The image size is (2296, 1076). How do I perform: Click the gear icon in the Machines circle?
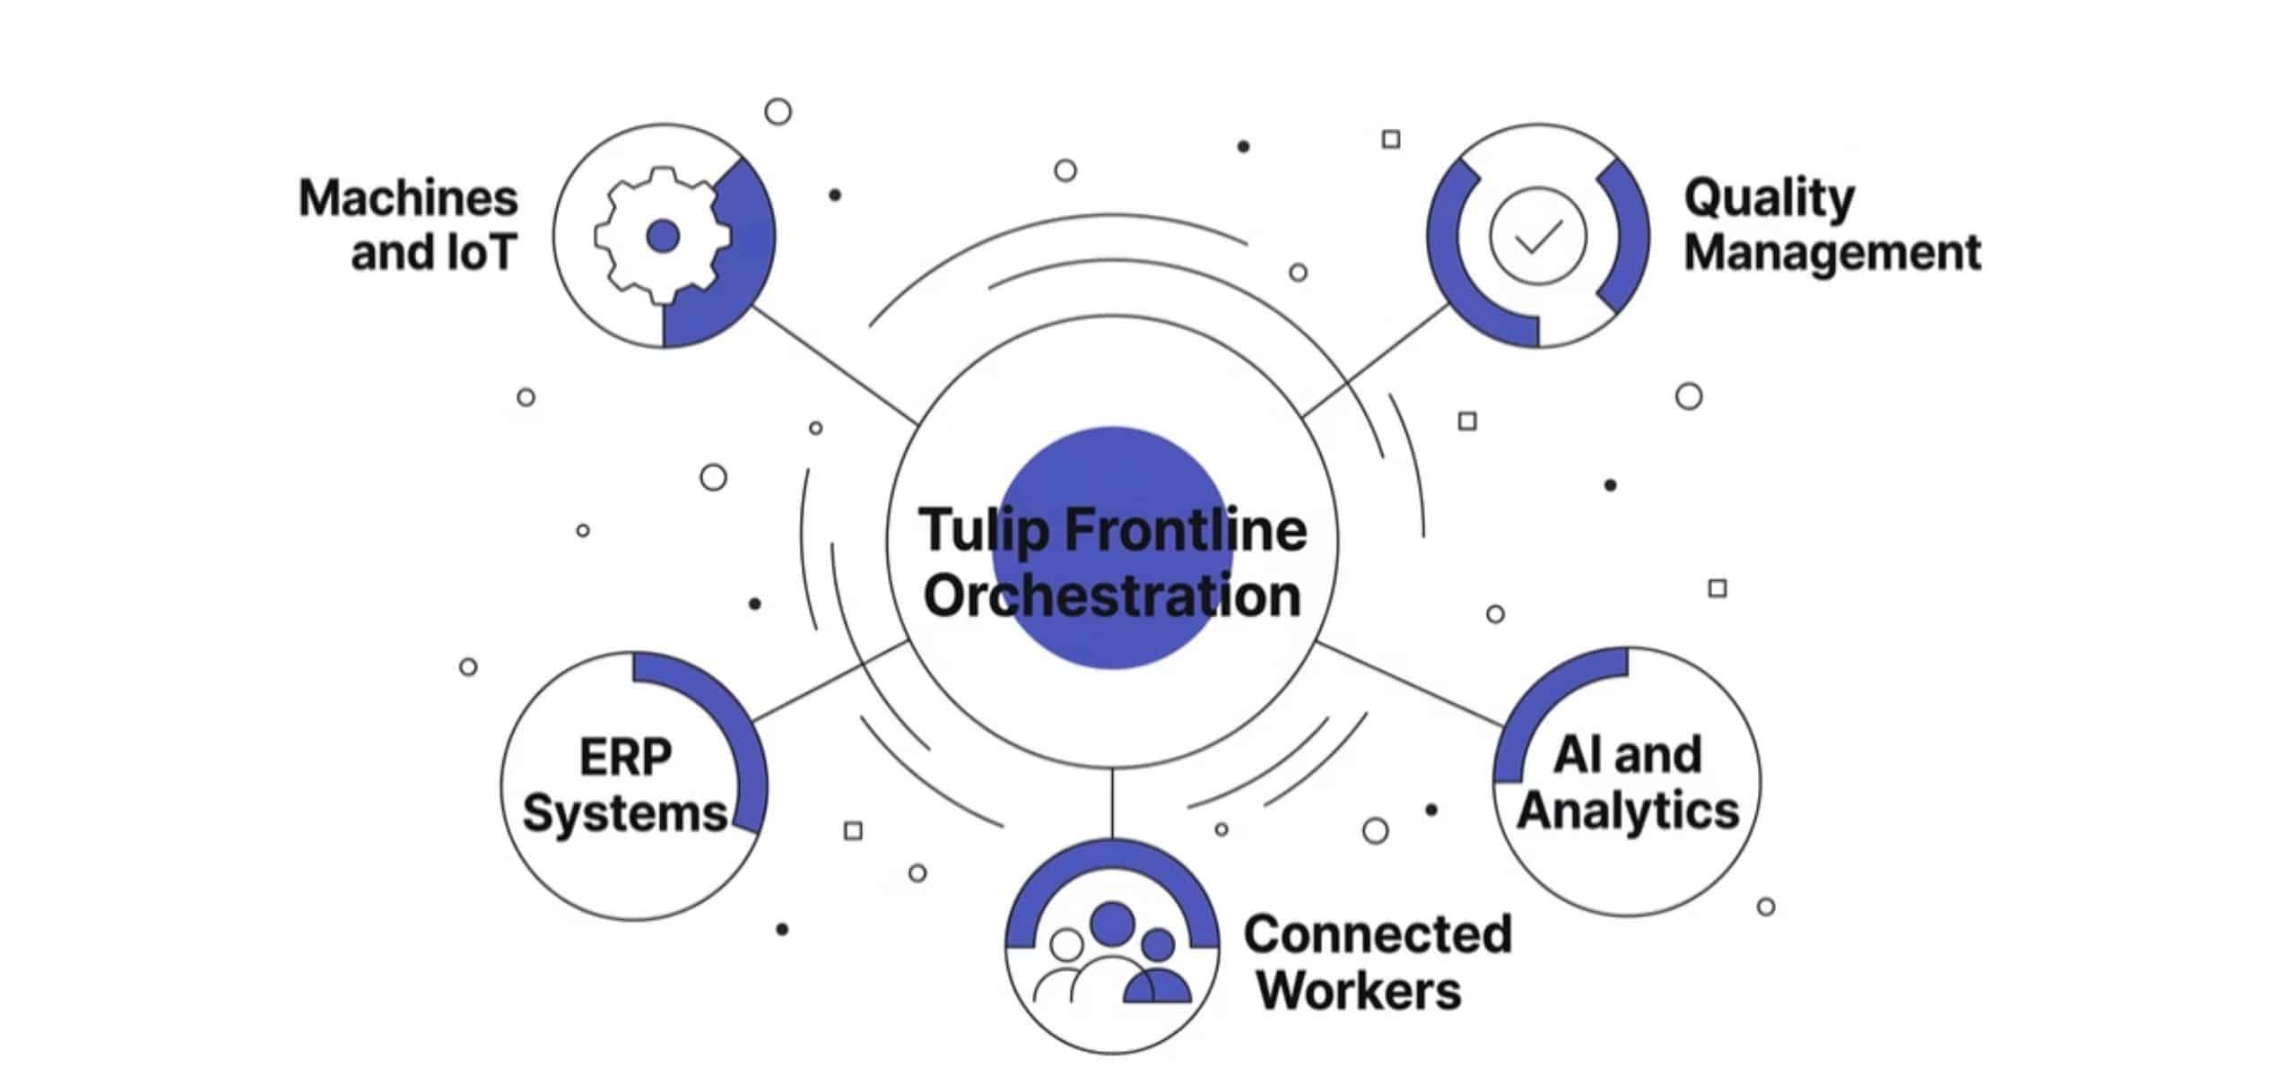tap(662, 236)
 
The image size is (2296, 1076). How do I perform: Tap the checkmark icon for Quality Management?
tap(1537, 236)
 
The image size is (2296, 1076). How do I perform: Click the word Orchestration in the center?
tap(1112, 595)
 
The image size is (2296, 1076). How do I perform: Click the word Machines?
tap(408, 198)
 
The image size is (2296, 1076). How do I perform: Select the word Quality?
tap(1769, 198)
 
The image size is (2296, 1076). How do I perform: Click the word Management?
tap(1831, 252)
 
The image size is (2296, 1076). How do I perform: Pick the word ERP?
tap(625, 757)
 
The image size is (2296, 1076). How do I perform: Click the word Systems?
tap(625, 814)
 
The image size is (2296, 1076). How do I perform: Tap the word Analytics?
tap(1628, 810)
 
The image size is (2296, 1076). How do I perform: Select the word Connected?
tap(1378, 934)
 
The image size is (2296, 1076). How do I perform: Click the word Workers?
tap(1359, 990)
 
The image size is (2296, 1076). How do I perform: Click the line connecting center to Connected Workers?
tap(1112, 803)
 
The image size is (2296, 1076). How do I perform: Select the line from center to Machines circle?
tap(834, 365)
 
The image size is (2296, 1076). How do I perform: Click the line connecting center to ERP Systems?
tap(831, 681)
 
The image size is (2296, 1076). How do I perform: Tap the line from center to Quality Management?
tap(1377, 360)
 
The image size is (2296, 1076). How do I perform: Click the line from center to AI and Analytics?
tap(1408, 684)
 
